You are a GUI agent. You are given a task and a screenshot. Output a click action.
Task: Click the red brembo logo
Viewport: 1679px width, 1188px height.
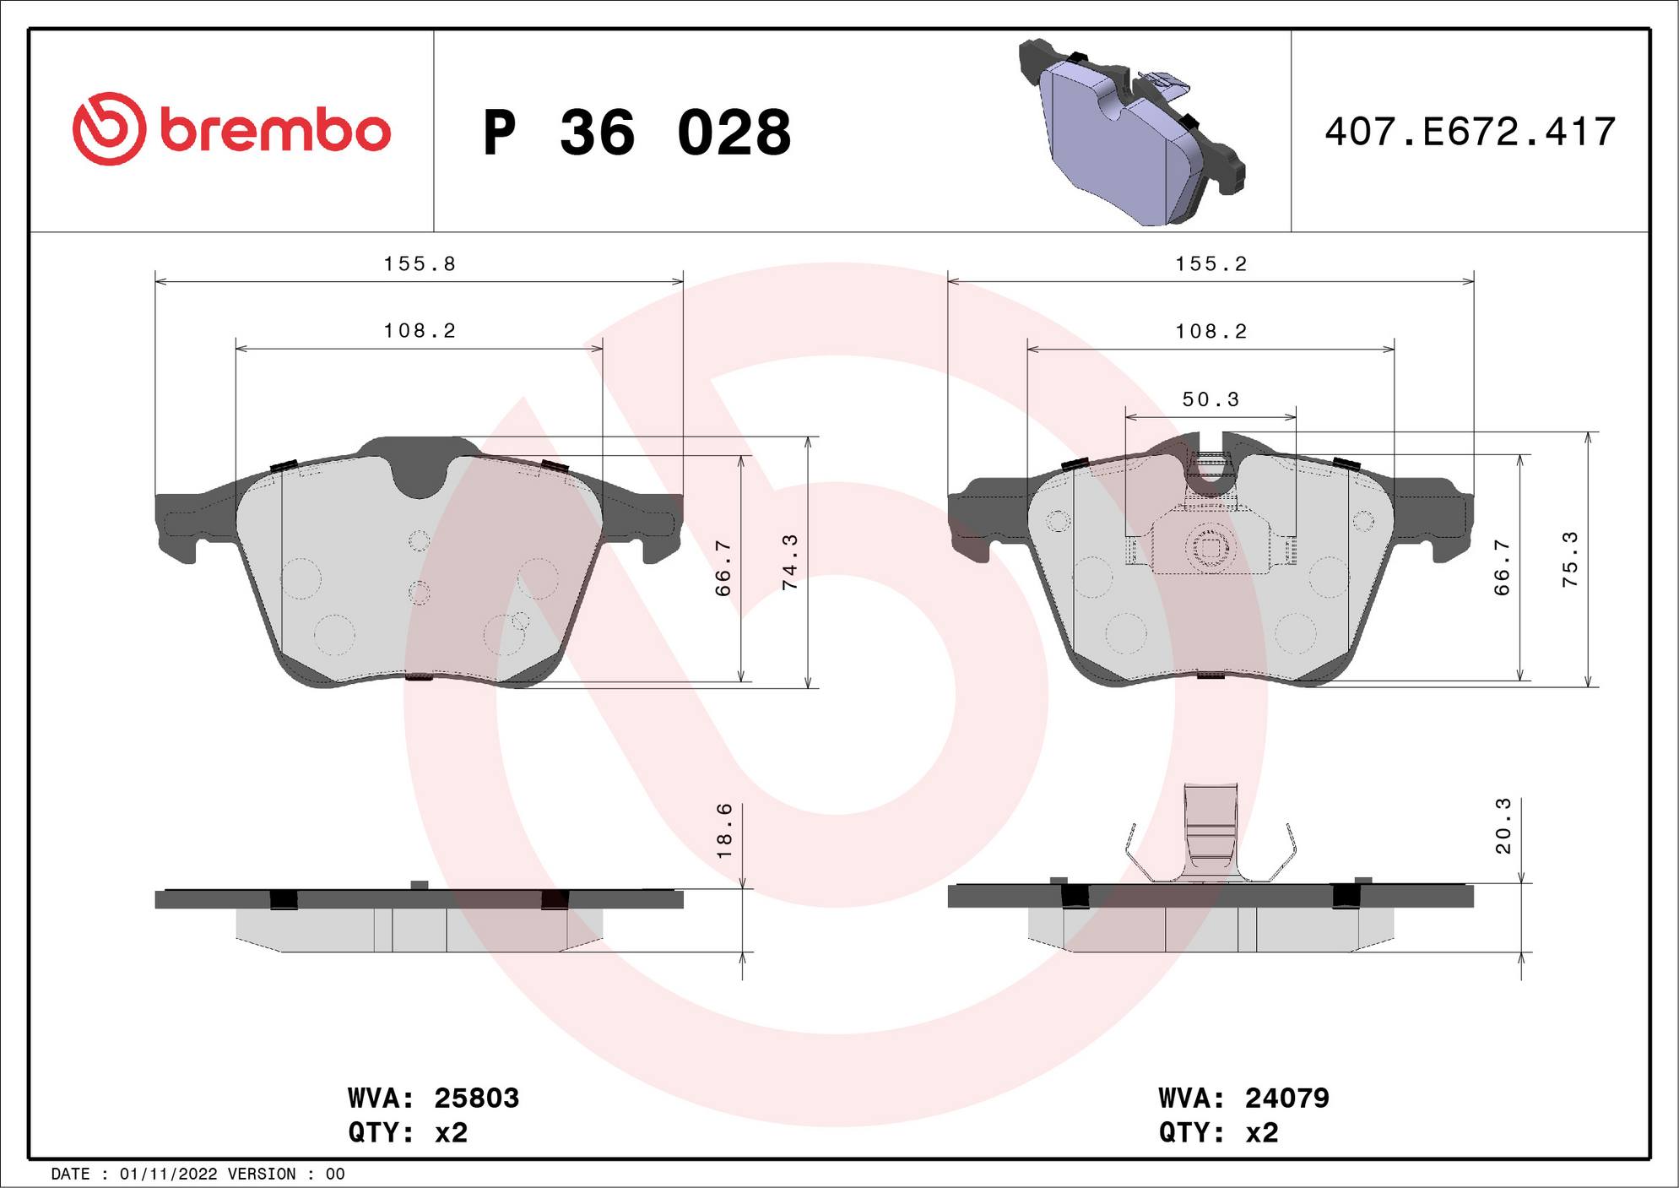click(x=231, y=129)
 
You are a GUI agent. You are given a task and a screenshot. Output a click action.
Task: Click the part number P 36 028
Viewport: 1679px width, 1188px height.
click(x=637, y=133)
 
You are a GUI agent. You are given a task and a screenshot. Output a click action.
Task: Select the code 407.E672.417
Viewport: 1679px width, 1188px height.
click(x=1470, y=133)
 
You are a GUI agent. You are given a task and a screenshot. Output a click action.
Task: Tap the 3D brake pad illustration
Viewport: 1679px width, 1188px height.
click(x=1131, y=133)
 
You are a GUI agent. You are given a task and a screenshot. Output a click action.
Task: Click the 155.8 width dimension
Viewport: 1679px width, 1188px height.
click(x=420, y=264)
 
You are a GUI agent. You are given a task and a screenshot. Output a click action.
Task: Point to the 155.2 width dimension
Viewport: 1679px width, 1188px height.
click(x=1211, y=264)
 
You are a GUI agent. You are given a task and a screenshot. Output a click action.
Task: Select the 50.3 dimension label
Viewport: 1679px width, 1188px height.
click(x=1211, y=399)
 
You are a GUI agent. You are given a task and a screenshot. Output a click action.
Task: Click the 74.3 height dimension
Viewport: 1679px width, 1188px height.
click(x=790, y=561)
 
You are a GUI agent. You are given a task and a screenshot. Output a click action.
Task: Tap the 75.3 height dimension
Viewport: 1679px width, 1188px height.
click(x=1569, y=560)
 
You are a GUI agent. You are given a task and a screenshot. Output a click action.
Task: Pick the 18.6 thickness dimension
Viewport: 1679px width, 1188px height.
click(x=724, y=831)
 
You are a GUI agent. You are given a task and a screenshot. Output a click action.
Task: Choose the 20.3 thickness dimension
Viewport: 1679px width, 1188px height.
click(x=1503, y=826)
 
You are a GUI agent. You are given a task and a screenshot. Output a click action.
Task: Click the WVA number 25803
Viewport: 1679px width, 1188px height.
click(x=476, y=1098)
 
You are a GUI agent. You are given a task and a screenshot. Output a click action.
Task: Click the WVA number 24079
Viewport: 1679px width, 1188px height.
click(x=1286, y=1098)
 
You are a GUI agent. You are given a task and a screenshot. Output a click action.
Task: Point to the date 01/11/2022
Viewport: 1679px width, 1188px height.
click(x=169, y=1174)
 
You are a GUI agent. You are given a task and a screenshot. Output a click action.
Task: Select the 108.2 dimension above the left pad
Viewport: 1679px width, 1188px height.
click(x=420, y=331)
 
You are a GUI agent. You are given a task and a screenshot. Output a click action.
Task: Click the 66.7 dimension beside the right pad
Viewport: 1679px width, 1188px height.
click(x=1502, y=567)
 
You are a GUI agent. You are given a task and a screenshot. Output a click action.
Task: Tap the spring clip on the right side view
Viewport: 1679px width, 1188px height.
click(x=1211, y=836)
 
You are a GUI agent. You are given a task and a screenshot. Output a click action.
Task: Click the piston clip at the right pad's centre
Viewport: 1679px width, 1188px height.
click(x=1211, y=547)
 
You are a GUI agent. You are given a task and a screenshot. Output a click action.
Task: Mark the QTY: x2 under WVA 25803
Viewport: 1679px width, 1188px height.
click(x=408, y=1132)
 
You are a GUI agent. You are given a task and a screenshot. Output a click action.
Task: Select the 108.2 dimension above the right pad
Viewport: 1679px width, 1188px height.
click(x=1211, y=332)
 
